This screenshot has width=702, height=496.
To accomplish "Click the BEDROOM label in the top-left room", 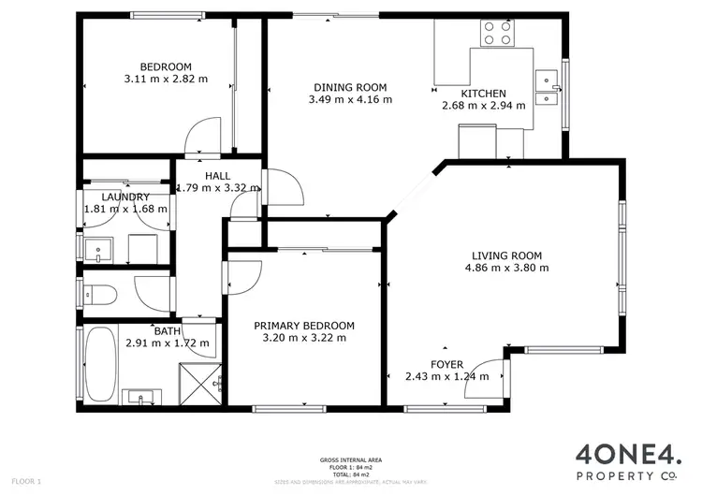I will tap(166, 66).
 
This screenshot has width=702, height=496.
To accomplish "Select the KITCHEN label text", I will tap(482, 94).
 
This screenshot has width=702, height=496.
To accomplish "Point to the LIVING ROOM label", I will tap(506, 255).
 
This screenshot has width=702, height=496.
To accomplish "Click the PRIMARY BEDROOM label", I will tap(304, 326).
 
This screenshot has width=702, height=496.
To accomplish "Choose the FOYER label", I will tap(446, 365).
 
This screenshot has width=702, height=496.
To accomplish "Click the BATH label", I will tap(168, 331).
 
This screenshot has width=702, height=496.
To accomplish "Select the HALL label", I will tap(217, 176).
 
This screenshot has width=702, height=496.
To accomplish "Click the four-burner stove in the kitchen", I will tap(498, 33).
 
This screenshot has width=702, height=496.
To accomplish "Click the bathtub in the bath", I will tap(99, 363).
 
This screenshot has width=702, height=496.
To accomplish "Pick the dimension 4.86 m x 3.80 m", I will tap(506, 268).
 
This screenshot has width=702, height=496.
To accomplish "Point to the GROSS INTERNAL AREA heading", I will tap(351, 460).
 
